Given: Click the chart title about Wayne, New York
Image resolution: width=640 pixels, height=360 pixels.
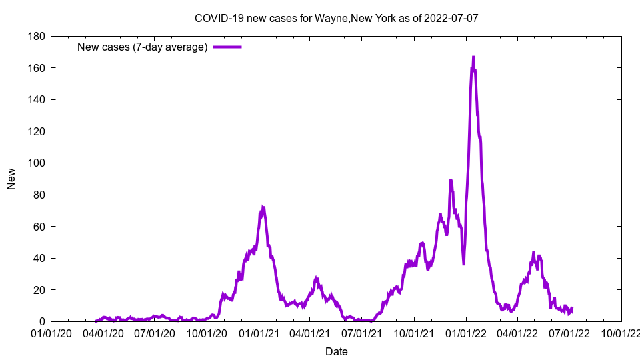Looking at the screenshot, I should coord(336,18).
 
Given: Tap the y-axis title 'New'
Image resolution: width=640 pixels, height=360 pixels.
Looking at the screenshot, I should coord(11,179).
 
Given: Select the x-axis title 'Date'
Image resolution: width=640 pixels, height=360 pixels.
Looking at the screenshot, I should coord(336,351).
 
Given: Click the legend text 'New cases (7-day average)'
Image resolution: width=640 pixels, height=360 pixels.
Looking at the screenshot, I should coord(143,47).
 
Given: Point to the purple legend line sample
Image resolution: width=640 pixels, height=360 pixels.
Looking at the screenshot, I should coord(227,47).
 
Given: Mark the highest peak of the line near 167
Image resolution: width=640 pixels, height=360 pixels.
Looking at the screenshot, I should coord(473,57).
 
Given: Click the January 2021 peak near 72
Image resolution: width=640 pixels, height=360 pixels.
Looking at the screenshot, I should coord(263,207).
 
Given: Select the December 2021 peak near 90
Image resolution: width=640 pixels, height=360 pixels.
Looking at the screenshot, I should coord(451,180).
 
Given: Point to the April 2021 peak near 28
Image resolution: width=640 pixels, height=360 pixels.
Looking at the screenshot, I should coord(317,277).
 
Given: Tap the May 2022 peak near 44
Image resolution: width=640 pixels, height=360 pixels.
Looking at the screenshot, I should coord(533,253).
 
